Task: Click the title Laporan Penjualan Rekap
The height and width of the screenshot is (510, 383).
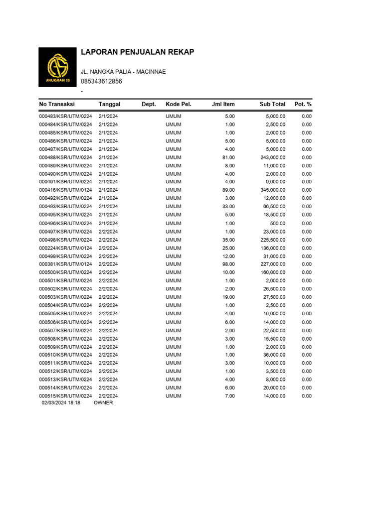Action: [x=137, y=52]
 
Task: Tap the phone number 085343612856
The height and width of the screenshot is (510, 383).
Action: [x=101, y=81]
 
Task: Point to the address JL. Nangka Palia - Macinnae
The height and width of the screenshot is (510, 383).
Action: [x=123, y=72]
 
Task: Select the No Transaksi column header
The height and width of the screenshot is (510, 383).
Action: [x=57, y=104]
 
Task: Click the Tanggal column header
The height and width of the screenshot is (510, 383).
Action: [x=110, y=104]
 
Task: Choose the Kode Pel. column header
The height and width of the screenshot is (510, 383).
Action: [x=179, y=104]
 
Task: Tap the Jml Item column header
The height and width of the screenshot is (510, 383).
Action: [x=223, y=104]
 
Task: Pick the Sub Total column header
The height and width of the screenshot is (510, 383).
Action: [x=272, y=104]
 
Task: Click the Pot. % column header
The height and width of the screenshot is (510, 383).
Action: [x=303, y=104]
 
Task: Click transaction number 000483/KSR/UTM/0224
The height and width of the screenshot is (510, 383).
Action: [x=66, y=116]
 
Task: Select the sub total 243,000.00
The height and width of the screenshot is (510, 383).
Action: [x=271, y=157]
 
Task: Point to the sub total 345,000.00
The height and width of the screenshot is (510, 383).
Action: [x=271, y=190]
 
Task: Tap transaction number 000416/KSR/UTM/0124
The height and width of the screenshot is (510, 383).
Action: [x=66, y=190]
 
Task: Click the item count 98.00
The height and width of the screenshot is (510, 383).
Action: [x=228, y=264]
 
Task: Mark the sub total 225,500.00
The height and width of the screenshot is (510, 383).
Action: [x=271, y=240]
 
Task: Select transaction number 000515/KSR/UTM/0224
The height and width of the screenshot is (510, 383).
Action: [x=66, y=396]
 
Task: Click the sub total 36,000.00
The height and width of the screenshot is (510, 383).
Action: [x=273, y=355]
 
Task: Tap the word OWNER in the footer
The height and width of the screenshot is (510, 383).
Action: [x=103, y=403]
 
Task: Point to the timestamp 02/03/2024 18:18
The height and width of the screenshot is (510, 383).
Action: [x=61, y=403]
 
